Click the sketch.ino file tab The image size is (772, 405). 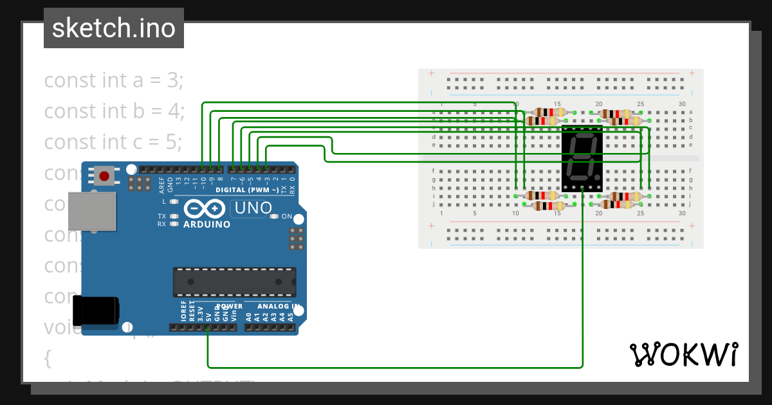pos(114,28)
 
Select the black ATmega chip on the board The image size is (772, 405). pos(234,282)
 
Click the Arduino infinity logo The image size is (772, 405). pos(205,210)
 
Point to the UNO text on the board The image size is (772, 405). pos(253,208)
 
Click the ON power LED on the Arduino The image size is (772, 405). pos(275,217)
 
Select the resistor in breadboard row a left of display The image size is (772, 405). pos(546,112)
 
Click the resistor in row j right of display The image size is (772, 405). pos(616,204)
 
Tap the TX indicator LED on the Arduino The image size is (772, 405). pos(173,217)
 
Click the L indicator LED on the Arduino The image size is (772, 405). pos(173,202)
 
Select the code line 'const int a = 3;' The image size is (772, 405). pos(114,80)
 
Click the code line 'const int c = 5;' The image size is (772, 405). pos(113,141)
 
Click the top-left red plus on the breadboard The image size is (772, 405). pos(431,73)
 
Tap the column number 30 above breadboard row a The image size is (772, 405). pos(682,104)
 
